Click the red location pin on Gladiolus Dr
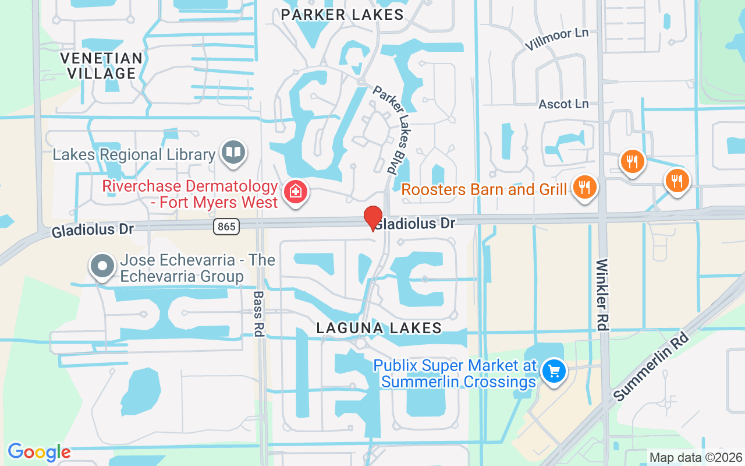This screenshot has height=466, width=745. tap(372, 218)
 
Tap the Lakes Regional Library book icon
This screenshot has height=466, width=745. tap(234, 153)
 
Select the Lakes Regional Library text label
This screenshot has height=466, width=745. tap(134, 155)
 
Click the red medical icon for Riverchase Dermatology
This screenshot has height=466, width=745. tap(296, 192)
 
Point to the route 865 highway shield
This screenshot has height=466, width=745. tap(226, 227)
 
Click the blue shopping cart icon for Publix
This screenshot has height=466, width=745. tap(554, 370)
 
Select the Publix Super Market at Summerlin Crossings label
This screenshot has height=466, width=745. tap(455, 373)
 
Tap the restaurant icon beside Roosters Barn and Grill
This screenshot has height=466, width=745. tap(585, 188)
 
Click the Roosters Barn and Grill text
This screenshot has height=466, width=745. tap(484, 189)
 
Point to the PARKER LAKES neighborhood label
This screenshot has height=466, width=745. tap(342, 15)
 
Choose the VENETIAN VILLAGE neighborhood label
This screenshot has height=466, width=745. tap(101, 66)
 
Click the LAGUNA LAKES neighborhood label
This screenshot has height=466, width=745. tap(379, 329)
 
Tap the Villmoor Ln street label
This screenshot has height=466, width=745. tap(556, 40)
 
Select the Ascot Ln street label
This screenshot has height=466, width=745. tap(563, 104)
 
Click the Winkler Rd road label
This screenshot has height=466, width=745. tap(602, 295)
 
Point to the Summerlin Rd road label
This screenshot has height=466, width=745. tap(651, 367)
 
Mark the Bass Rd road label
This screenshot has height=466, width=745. tap(259, 314)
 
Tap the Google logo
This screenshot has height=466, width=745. tap(39, 452)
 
